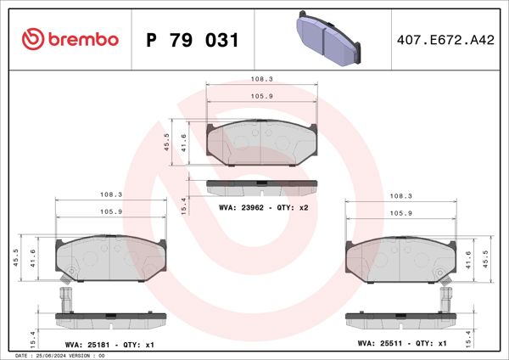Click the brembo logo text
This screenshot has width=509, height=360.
pyautogui.click(x=81, y=39)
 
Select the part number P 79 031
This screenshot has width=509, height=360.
pyautogui.click(x=193, y=40)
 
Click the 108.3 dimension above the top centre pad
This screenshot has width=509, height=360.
pyautogui.click(x=260, y=77)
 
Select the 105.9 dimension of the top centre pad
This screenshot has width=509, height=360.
pyautogui.click(x=260, y=95)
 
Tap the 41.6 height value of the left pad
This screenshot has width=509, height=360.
pyautogui.click(x=34, y=258)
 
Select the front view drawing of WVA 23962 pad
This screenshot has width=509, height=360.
pyautogui.click(x=260, y=143)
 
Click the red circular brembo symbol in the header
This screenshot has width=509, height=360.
pyautogui.click(x=31, y=39)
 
